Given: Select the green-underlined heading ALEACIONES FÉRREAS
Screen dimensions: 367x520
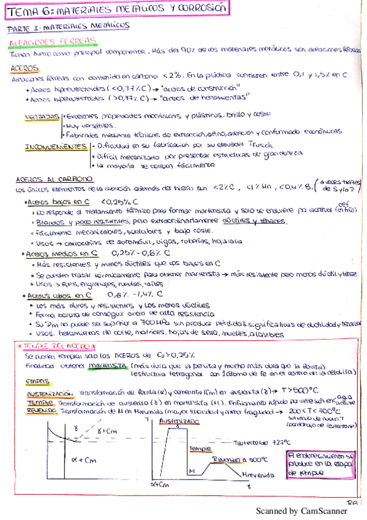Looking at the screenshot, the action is [52, 41].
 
